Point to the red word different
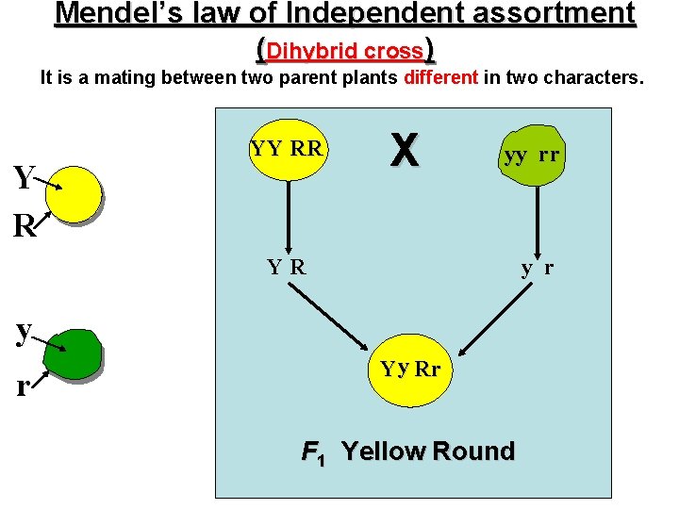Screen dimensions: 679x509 click(440, 77)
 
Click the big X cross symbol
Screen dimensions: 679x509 click(405, 149)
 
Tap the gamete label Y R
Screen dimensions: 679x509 click(287, 267)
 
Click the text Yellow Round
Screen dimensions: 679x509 click(427, 452)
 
